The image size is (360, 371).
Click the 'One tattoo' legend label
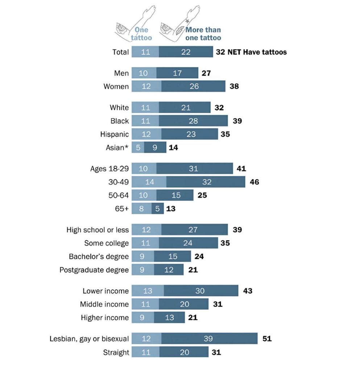coord(141,34)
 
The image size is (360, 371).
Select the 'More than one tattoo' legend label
coord(203,34)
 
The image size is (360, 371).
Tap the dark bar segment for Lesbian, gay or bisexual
coord(209,339)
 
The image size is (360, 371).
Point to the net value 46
coord(255,182)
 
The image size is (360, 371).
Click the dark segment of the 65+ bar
coord(157,208)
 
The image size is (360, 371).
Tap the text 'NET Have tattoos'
coord(257,52)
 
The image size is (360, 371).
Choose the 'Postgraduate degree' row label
coord(94,270)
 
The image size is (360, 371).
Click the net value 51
coord(266,339)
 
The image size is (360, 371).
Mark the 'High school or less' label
coord(98,230)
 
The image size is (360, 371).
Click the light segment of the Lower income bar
coord(148,291)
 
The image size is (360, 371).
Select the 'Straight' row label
coord(116,352)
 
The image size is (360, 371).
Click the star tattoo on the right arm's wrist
coord(187,21)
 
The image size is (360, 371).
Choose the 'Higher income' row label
coord(105,318)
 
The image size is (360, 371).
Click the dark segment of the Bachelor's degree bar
coord(172,257)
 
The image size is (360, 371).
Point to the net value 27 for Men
coord(206,73)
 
